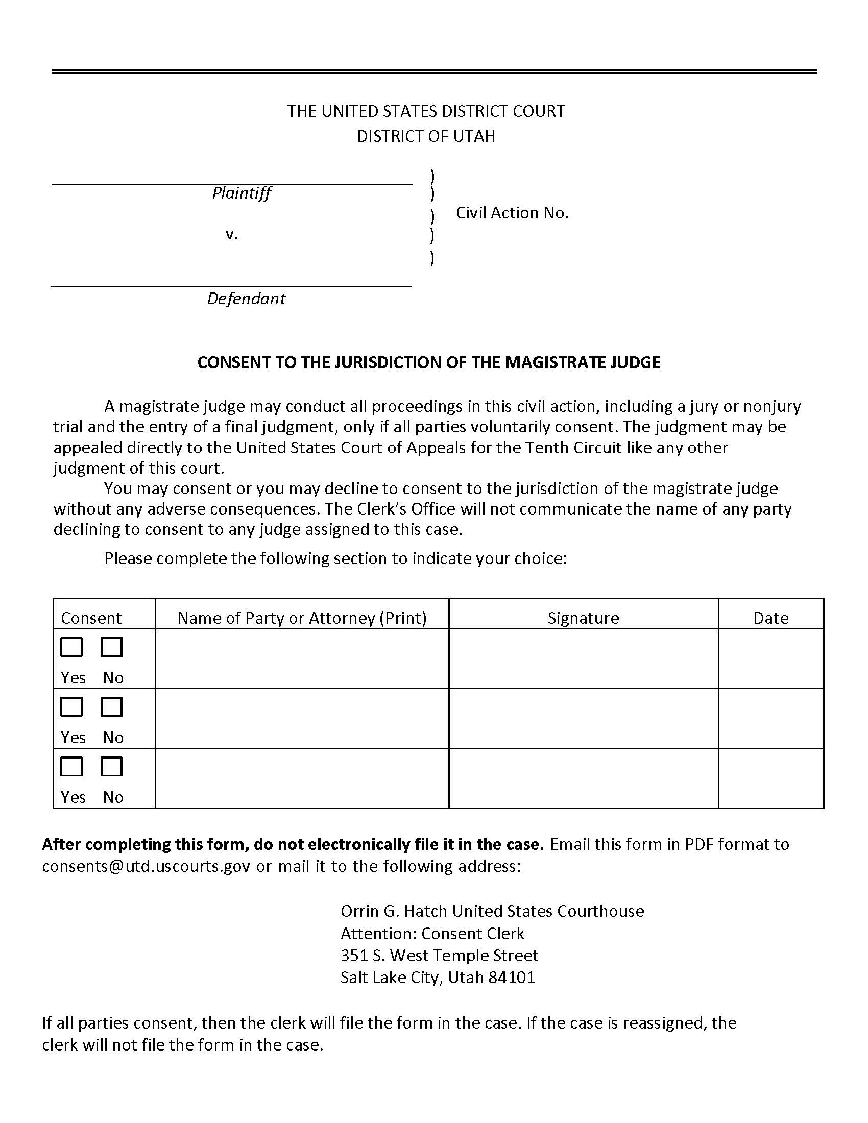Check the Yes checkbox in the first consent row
tap(71, 647)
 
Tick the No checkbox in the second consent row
tap(111, 706)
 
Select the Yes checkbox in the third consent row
tap(71, 766)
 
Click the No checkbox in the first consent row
tap(111, 647)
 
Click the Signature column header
tap(583, 618)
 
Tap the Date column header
tap(770, 618)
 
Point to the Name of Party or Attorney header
tap(302, 618)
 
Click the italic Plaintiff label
tap(241, 193)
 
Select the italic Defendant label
tap(246, 298)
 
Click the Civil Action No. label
tap(512, 213)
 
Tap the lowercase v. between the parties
tap(231, 234)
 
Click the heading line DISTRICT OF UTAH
tap(426, 136)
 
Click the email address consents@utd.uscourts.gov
tap(146, 866)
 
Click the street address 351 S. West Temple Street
tap(439, 955)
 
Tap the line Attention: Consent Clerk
tap(432, 933)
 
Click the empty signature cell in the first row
tap(583, 658)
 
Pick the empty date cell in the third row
tap(770, 778)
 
